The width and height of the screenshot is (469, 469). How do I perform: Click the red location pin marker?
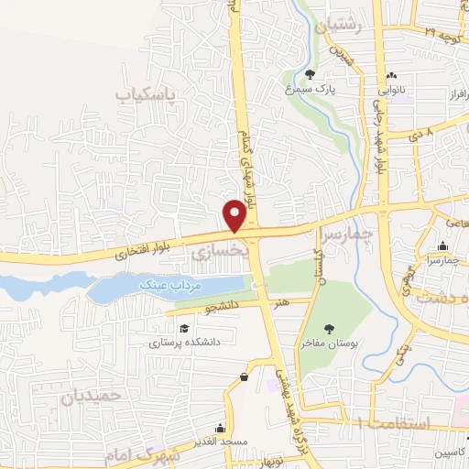click(234, 216)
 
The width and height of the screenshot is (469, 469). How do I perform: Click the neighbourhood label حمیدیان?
click(93, 398)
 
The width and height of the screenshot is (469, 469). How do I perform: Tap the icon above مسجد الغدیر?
click(220, 428)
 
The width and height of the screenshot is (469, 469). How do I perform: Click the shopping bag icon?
click(244, 376)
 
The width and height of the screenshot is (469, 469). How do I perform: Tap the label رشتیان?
click(340, 28)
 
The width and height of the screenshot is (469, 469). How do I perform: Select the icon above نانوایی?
click(392, 75)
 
